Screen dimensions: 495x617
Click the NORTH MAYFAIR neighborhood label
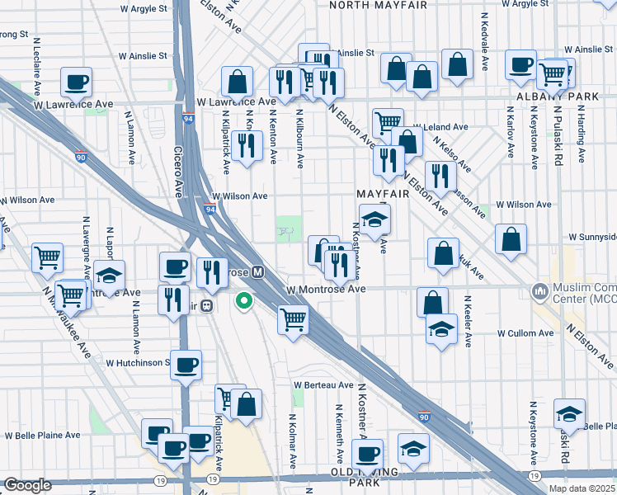[x=378, y=5]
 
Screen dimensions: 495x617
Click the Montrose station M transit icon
[x=258, y=271]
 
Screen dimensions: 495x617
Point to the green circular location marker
[x=243, y=302]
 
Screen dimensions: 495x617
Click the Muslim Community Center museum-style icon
[x=540, y=290]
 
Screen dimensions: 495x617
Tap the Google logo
[x=27, y=485]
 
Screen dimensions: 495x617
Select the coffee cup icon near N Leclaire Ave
[x=76, y=81]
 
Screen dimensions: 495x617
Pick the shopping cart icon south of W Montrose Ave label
[x=293, y=318]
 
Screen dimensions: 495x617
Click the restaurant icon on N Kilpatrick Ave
[x=246, y=145]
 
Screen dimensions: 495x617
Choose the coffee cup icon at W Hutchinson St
[x=186, y=363]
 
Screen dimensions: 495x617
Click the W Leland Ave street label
[x=440, y=128]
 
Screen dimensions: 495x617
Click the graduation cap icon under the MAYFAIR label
[x=374, y=219]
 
